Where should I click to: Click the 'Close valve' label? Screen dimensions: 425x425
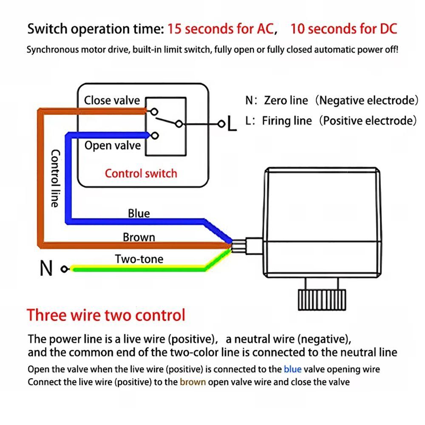coord(112,101)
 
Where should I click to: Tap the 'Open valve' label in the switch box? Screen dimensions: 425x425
coord(112,146)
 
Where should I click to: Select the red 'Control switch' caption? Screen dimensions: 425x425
coord(141,173)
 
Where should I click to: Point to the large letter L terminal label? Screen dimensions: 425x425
coord(231,124)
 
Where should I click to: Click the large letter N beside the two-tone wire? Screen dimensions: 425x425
coord(46,269)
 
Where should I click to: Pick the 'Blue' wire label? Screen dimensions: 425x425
coord(139,213)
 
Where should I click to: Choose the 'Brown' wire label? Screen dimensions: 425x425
coord(139,237)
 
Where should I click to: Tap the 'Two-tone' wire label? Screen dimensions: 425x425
coord(139,259)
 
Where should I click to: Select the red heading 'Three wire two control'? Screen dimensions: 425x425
coord(106,315)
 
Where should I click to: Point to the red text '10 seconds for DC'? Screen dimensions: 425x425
coord(343,29)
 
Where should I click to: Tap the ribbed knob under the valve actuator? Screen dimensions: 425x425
coord(321,300)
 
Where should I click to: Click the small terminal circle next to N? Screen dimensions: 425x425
coord(64,269)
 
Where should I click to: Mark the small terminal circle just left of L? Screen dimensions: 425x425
coord(221,124)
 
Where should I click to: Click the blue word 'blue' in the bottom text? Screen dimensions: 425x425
coord(292,369)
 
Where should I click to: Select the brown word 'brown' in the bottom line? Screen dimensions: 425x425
coord(193,382)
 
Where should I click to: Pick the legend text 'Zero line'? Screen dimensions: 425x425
coord(286,101)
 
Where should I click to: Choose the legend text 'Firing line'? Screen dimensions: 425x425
coord(286,121)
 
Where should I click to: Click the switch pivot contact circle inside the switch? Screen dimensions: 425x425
coord(179,124)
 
